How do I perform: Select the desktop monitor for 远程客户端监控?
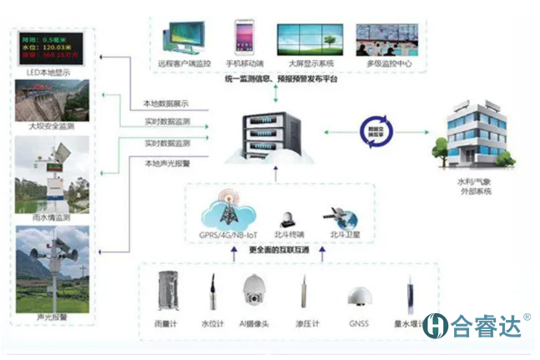tap(183, 38)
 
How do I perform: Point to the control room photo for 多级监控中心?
tap(383, 38)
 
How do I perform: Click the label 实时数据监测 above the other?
tap(166, 123)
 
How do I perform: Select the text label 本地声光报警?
tap(166, 163)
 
